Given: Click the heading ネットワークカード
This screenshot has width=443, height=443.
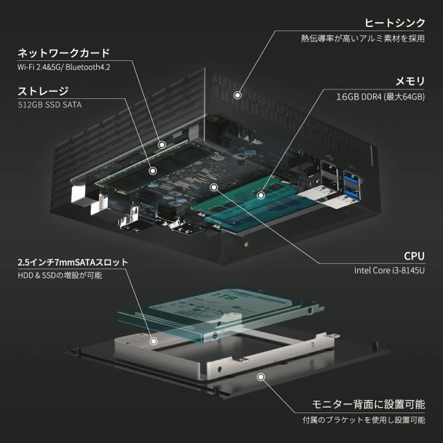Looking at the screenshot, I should click(x=64, y=53).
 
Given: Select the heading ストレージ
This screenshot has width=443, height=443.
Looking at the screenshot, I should click(x=44, y=91).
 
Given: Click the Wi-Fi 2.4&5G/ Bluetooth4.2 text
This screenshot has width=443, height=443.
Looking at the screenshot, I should click(x=64, y=67).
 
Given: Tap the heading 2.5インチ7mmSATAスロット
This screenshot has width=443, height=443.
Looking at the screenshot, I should click(x=73, y=263).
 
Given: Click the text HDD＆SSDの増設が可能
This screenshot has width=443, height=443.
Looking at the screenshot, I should click(x=60, y=275).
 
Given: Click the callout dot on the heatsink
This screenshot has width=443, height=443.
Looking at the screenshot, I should click(x=237, y=94).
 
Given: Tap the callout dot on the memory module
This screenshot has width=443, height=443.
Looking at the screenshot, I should click(x=261, y=195).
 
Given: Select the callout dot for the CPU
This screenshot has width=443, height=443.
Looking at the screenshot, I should click(x=214, y=186).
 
